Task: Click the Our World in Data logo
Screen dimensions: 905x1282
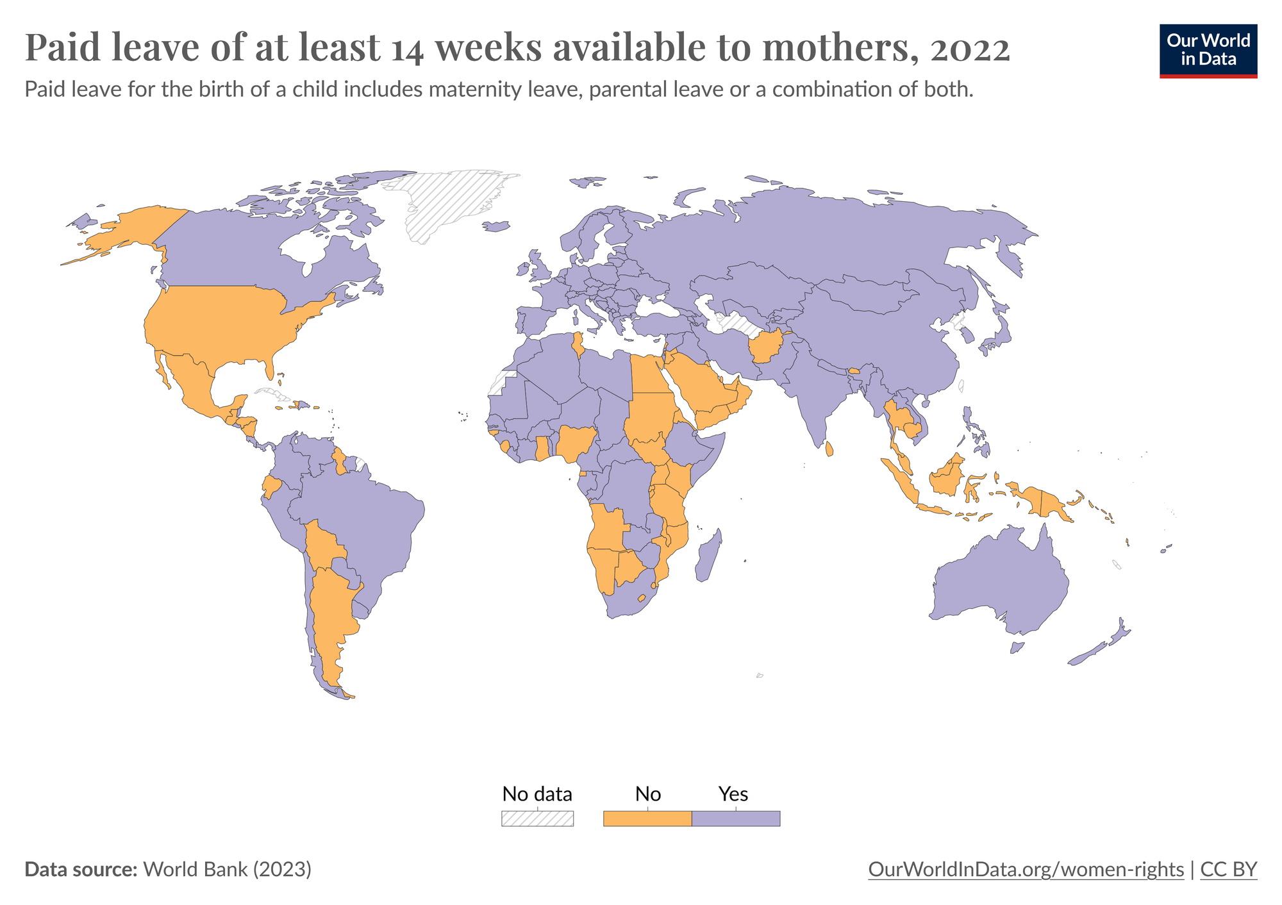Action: (x=1208, y=51)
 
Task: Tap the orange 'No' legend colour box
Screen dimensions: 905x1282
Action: (x=647, y=818)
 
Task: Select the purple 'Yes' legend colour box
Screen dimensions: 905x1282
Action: (x=736, y=818)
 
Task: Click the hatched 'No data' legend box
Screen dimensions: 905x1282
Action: (x=537, y=818)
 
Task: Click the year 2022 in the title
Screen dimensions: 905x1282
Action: (x=969, y=48)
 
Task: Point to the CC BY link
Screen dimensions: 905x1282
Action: (x=1228, y=869)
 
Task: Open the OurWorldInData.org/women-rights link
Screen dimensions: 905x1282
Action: (x=1026, y=869)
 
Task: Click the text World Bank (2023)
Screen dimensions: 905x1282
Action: (x=227, y=869)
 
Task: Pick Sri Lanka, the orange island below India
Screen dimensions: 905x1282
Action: (x=829, y=449)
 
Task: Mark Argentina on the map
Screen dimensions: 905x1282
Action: (x=330, y=615)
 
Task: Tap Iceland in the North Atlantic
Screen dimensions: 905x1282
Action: (x=496, y=226)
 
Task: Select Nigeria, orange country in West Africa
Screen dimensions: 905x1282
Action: (x=575, y=442)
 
